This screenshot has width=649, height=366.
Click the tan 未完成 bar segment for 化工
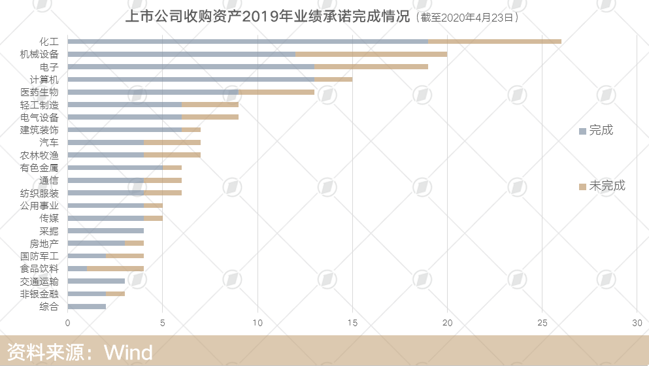tap(495, 41)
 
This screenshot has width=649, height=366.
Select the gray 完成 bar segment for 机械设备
tap(181, 54)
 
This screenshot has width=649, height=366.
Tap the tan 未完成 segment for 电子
tap(371, 67)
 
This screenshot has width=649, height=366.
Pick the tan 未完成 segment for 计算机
tap(333, 79)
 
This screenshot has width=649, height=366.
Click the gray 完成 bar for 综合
tap(86, 307)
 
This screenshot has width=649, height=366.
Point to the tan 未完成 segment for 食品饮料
tap(115, 269)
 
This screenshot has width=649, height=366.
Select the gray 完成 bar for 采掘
tap(105, 231)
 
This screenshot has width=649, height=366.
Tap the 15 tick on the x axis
tap(352, 323)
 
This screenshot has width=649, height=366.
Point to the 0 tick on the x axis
tap(67, 323)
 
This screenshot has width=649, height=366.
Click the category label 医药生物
tap(39, 92)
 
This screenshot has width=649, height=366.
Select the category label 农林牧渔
tap(39, 156)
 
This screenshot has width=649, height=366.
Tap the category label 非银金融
tap(39, 294)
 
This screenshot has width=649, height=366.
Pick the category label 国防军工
tap(39, 256)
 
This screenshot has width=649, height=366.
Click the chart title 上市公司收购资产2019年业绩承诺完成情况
tap(267, 16)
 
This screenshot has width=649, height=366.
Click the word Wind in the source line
tap(128, 353)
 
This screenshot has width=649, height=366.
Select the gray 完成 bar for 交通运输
tap(95, 281)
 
